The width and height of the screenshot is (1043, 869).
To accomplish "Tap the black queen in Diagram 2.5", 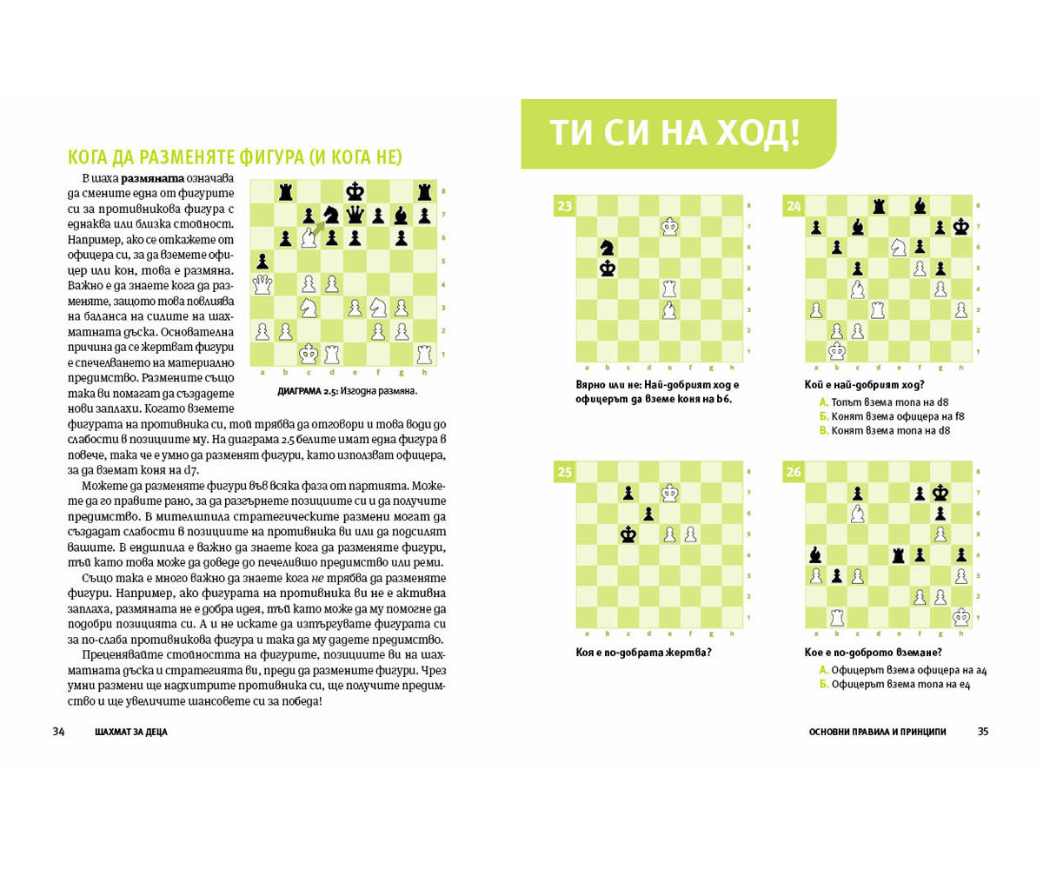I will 355,214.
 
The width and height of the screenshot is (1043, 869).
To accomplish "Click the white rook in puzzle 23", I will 670,289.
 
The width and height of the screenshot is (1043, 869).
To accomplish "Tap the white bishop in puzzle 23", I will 670,310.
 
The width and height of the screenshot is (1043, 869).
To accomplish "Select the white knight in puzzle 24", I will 900,248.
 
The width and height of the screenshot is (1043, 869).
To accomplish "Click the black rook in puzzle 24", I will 879,206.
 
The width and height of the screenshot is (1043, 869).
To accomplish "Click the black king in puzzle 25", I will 628,534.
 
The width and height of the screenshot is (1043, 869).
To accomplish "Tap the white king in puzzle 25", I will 670,493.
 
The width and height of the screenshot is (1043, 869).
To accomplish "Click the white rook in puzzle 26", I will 837,617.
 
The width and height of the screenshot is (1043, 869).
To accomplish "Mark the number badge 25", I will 564,472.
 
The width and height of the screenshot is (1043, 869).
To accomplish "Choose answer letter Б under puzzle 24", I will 823,416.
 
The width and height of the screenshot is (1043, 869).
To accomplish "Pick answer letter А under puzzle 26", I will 823,670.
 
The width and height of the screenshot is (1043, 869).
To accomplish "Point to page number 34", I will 59,732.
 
